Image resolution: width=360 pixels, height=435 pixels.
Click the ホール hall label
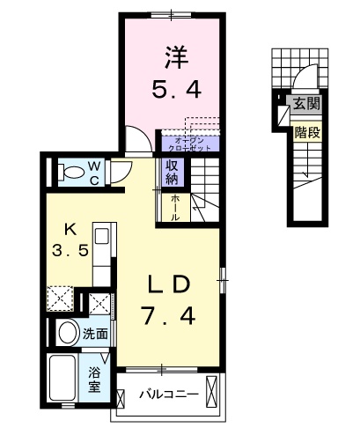pyautogui.click(x=175, y=206)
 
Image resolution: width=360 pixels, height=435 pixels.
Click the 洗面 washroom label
pyautogui.click(x=96, y=334)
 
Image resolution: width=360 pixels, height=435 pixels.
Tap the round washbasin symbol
pyautogui.click(x=66, y=334)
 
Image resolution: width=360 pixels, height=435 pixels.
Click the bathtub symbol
pyautogui.click(x=63, y=379)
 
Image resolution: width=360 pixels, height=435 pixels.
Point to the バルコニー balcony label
pyautogui.click(x=167, y=394)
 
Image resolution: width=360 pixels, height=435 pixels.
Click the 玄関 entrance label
pyautogui.click(x=305, y=104)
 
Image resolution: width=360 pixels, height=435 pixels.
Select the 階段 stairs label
pyautogui.click(x=306, y=134)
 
